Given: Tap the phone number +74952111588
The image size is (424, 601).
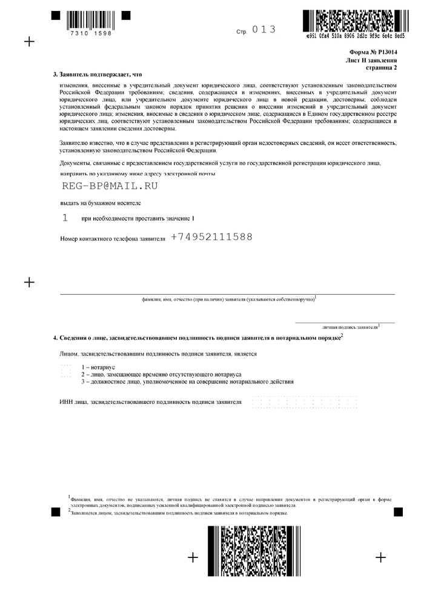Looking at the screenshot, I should (211, 237).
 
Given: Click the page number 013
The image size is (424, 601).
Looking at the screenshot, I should (263, 29).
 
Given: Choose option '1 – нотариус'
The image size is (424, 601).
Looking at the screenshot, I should (98, 368).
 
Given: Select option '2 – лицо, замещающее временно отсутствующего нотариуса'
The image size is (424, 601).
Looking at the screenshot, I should (161, 375).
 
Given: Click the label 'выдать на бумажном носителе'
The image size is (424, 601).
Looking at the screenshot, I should (101, 203).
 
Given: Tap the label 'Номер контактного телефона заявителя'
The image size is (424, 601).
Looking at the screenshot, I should (113, 239).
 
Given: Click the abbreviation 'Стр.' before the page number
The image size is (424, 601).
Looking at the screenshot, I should (242, 31).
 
